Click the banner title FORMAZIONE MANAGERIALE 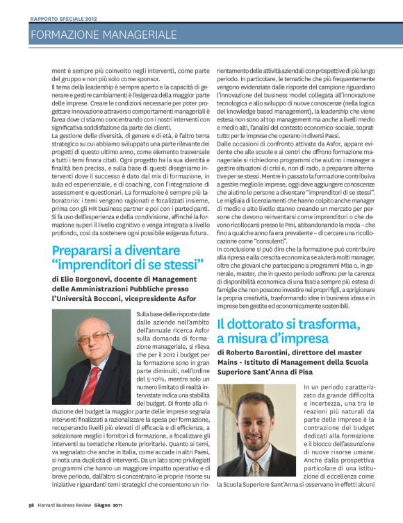tap(104, 34)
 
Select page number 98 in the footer tap(31, 515)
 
